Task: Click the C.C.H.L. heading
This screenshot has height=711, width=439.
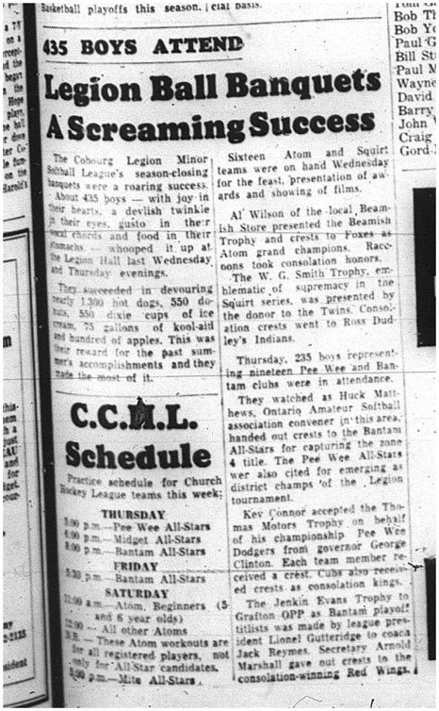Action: [132, 415]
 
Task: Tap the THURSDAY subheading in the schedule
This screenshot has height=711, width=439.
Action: [133, 515]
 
